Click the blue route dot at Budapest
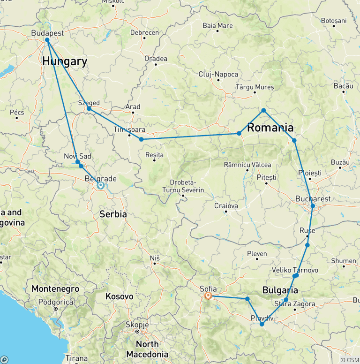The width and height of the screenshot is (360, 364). point(47,40)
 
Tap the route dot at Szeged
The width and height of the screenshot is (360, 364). point(89,109)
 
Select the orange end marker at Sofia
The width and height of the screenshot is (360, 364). point(209,296)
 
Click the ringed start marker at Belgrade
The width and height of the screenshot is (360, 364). point(100,185)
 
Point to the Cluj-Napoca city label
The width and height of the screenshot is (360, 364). point(218,74)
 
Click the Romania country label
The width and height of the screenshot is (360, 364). point(270,128)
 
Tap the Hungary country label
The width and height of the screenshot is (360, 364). point(64,61)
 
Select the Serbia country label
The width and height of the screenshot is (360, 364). point(113,214)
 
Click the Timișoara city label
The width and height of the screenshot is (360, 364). point(129,129)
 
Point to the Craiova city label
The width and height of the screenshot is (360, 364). point(226,206)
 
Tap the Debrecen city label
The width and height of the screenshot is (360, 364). point(144,32)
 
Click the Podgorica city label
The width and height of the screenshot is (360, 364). point(55,303)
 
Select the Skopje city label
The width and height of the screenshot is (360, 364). point(137,325)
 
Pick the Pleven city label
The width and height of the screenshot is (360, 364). point(257,254)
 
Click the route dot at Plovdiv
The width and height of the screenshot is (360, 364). point(262,324)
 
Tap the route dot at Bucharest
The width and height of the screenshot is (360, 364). point(313,206)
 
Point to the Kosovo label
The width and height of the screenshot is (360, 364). point(119,296)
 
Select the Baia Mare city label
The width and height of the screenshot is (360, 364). point(218,25)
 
